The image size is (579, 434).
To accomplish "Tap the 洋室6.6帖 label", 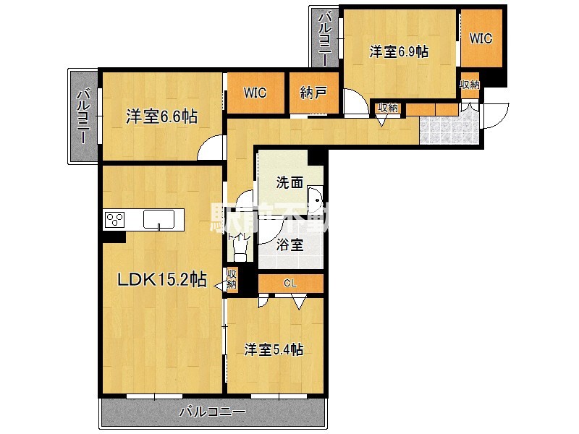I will coord(162,116).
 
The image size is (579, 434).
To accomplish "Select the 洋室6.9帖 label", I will coord(399,52).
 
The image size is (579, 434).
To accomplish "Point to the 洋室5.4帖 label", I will coord(273,349).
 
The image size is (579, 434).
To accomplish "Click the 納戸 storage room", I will coord(313,93).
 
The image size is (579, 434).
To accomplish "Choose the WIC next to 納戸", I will coord(255,93).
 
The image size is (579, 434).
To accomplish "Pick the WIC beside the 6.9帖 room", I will coord(481,38).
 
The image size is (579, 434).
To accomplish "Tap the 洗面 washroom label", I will coord(289,183).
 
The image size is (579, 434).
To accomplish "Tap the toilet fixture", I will coord(239,249).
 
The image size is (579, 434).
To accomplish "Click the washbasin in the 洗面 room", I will coord(315,198).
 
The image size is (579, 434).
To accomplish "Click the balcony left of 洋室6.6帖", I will coord(83,116).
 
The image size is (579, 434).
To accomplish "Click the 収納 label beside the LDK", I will coord(232,278).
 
